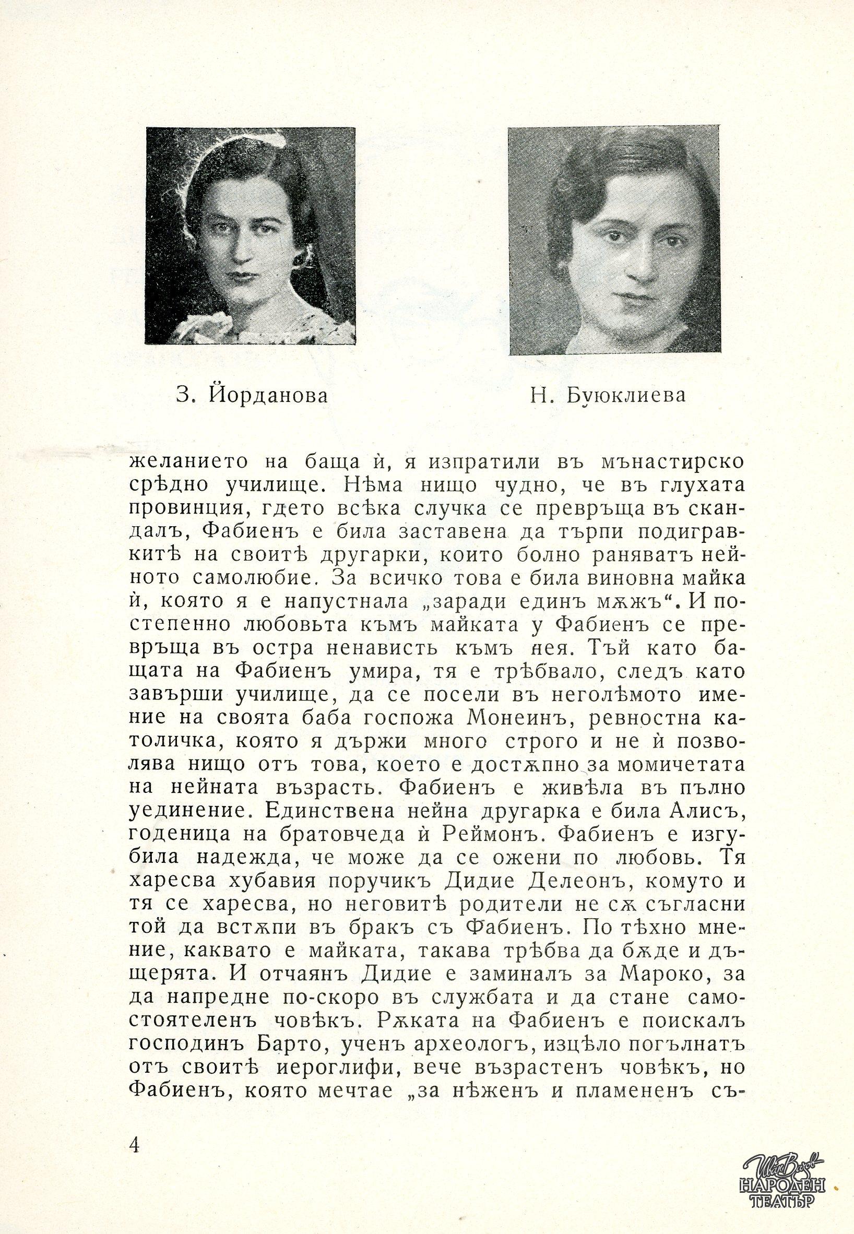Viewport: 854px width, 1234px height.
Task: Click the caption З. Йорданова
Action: click(251, 396)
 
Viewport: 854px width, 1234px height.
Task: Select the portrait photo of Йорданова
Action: click(251, 235)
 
